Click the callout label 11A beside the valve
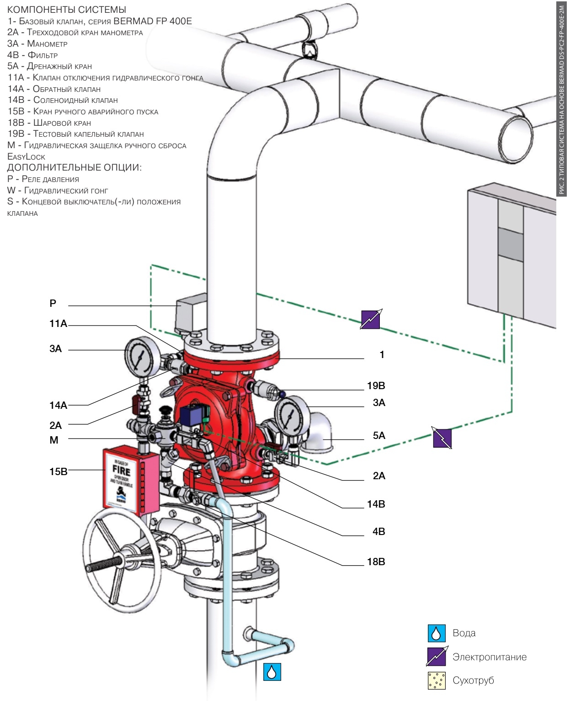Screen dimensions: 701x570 [x=58, y=324]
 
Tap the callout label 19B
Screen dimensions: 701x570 [x=376, y=385]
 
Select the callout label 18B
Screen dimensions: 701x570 [x=376, y=562]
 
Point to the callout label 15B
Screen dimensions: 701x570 [x=58, y=471]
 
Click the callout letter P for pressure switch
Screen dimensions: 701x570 [x=53, y=303]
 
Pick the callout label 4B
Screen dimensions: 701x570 [x=378, y=531]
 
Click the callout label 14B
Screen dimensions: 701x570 [x=376, y=504]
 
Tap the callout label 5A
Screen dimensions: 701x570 [x=378, y=435]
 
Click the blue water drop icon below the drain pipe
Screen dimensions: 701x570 [x=272, y=672]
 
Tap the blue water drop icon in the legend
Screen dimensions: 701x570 [x=437, y=633]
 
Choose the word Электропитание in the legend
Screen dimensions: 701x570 [x=489, y=657]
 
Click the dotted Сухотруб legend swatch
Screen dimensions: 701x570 [x=437, y=680]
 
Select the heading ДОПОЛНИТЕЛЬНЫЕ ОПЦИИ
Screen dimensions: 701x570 [x=74, y=167]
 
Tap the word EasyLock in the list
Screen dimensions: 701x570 [x=26, y=156]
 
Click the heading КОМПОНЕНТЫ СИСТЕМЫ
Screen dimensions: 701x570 [x=67, y=10]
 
